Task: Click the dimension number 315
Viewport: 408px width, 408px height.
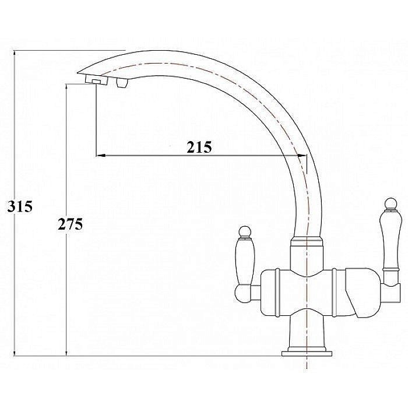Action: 20,206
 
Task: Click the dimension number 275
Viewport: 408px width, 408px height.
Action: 71,224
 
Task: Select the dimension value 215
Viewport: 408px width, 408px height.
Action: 199,147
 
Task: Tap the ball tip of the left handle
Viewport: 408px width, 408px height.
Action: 245,232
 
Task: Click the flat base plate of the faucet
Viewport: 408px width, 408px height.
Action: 307,354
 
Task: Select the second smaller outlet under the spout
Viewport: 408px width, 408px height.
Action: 123,83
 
